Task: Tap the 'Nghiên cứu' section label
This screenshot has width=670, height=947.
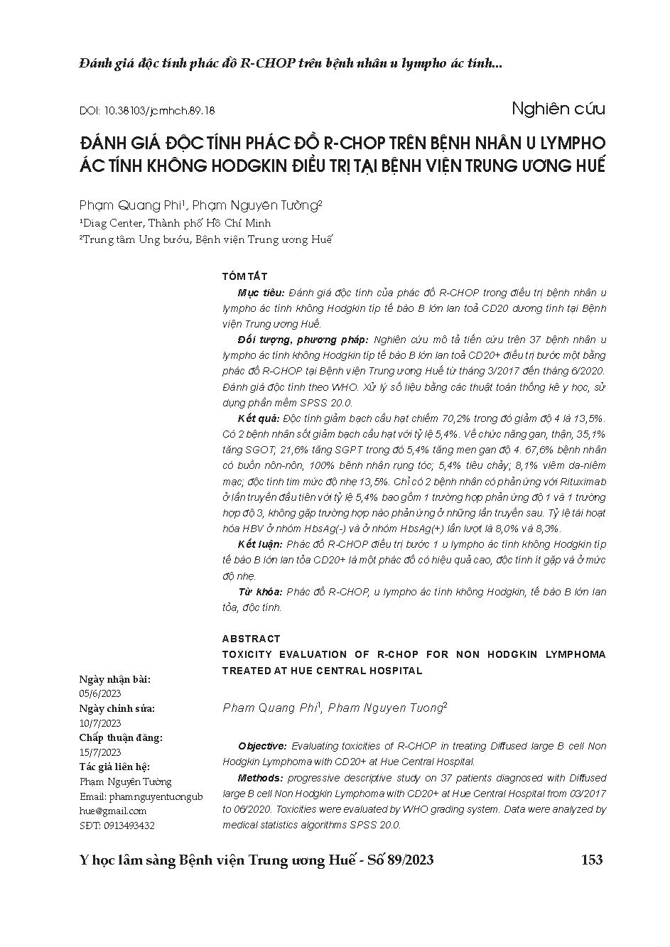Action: coord(558,109)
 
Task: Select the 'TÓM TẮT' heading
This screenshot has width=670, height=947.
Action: coord(244,276)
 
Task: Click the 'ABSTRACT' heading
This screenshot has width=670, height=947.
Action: coord(251,639)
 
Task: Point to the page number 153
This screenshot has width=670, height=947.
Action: coord(592,860)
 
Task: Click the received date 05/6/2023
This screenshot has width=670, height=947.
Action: coord(100,693)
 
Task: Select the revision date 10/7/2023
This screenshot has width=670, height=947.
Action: coord(100,723)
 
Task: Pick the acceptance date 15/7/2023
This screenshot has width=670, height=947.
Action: coord(100,752)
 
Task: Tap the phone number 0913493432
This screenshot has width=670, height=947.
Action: coord(129,826)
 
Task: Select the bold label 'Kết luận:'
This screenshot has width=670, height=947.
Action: coord(261,544)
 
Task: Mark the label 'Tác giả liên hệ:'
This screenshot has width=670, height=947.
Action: coord(114,767)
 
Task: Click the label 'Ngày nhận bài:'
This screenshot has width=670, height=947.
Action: coord(114,679)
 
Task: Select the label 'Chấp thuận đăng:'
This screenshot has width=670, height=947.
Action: coord(120,737)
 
